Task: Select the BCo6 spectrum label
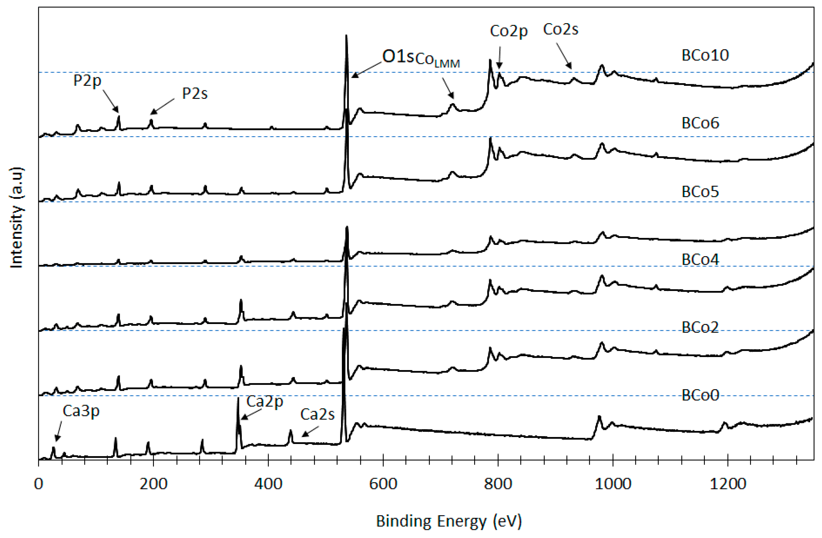[700, 123]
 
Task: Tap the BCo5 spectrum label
[700, 192]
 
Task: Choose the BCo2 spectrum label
[700, 327]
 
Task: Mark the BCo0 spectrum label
[700, 395]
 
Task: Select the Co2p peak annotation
[509, 31]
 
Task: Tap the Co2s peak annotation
[560, 29]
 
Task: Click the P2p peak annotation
[87, 81]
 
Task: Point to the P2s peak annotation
[195, 93]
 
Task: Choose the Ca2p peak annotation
[265, 401]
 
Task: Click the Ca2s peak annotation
[317, 414]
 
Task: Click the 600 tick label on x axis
[383, 484]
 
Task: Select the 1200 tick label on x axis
[728, 484]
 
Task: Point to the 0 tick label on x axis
[39, 484]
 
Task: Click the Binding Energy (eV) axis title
[449, 521]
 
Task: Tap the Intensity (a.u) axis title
[17, 218]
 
